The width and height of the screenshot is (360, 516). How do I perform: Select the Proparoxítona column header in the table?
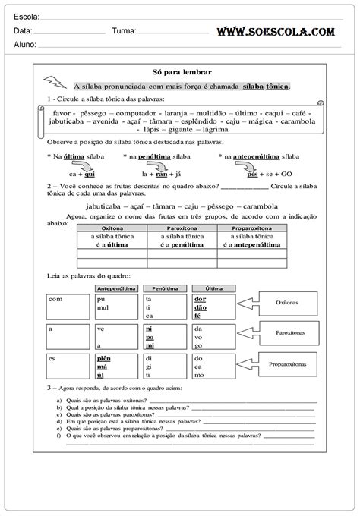pyautogui.click(x=252, y=228)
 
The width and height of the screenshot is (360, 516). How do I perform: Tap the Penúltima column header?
pyautogui.click(x=162, y=288)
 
